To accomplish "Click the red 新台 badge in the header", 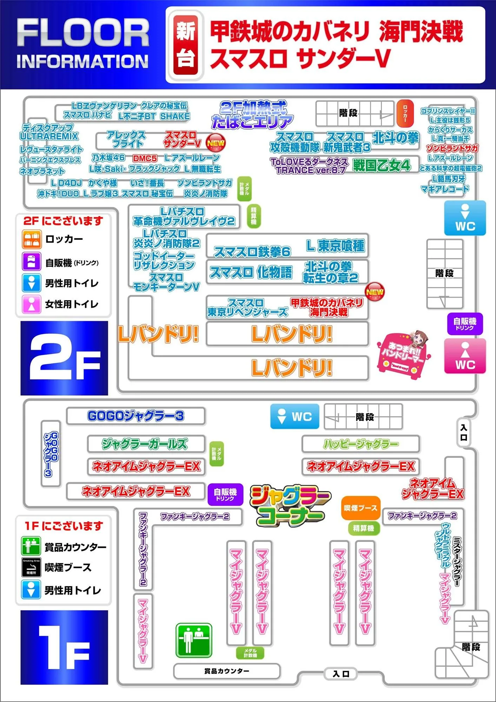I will pyautogui.click(x=186, y=45).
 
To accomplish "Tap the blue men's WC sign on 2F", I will pyautogui.click(x=465, y=218).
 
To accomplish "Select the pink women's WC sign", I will pyautogui.click(x=465, y=356).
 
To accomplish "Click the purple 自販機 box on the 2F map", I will pyautogui.click(x=465, y=324).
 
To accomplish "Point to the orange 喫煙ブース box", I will pyautogui.click(x=361, y=508).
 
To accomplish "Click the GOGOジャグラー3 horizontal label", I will pyautogui.click(x=135, y=416).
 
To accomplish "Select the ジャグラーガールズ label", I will pyautogui.click(x=145, y=444).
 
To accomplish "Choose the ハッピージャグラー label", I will pyautogui.click(x=361, y=444).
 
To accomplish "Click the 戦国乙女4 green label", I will pyautogui.click(x=382, y=165).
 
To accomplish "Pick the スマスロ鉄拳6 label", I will pyautogui.click(x=252, y=251).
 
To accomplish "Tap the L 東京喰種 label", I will pyautogui.click(x=335, y=246).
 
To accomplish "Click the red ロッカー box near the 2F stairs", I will pyautogui.click(x=405, y=113).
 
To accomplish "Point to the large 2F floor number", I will pyautogui.click(x=64, y=358).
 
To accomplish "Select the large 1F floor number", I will pyautogui.click(x=64, y=648).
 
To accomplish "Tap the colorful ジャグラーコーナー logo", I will pyautogui.click(x=290, y=505).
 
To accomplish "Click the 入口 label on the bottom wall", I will pyautogui.click(x=341, y=674).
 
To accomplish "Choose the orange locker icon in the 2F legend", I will pyautogui.click(x=32, y=239).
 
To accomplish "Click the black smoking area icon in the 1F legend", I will pyautogui.click(x=31, y=567).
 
